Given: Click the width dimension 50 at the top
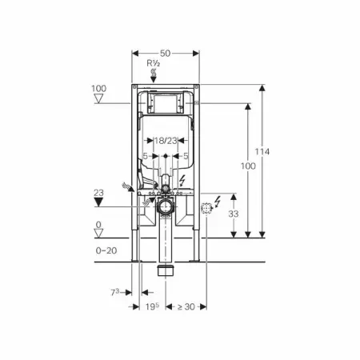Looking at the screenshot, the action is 165,54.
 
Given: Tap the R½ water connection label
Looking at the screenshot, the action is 154,63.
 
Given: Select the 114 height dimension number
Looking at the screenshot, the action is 262,152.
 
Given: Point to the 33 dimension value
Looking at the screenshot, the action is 234,214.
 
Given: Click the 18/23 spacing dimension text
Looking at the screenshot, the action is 166,141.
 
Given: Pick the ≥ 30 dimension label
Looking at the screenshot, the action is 186,306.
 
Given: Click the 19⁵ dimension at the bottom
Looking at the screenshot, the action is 152,306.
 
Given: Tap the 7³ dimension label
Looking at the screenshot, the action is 115,293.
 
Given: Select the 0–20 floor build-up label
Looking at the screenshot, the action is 106,250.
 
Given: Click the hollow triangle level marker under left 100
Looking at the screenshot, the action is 98,98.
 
